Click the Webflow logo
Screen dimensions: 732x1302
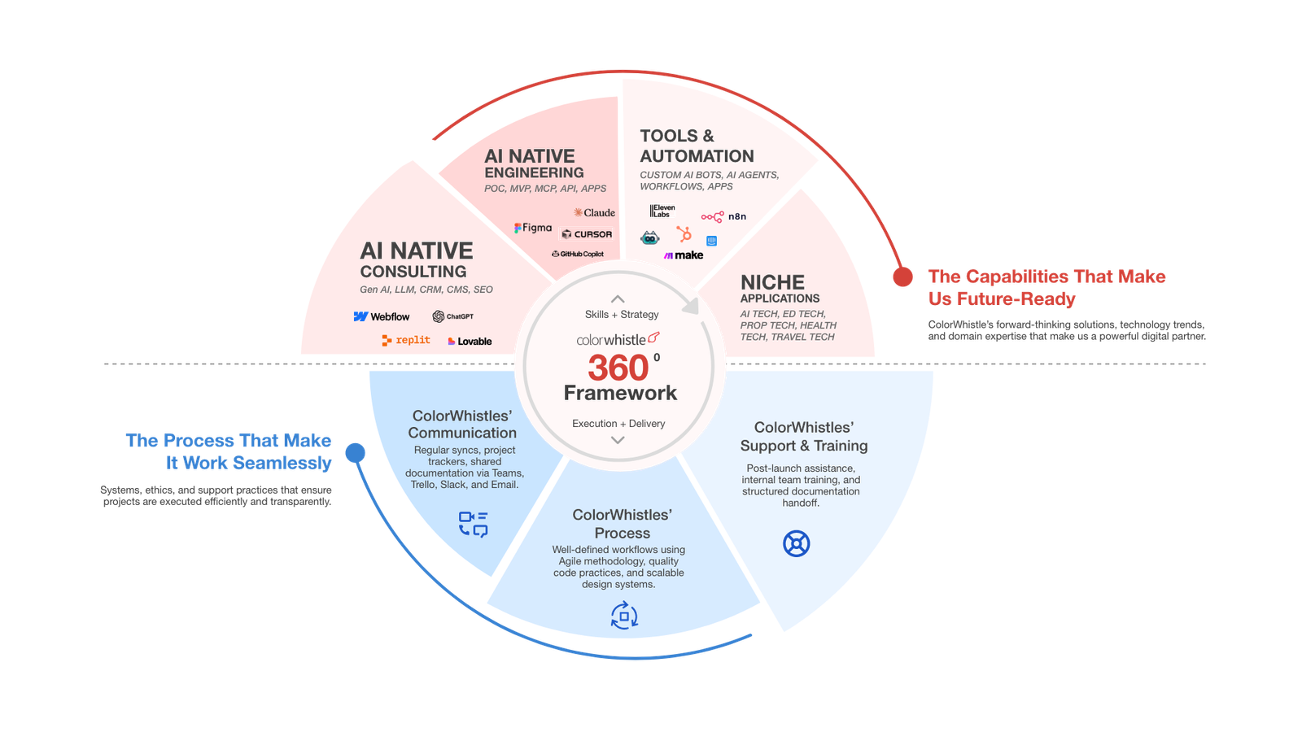point(382,316)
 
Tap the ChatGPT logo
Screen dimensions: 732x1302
point(452,316)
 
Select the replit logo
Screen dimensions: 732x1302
point(405,340)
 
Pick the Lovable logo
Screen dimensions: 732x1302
point(470,342)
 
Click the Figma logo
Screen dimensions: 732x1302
point(533,229)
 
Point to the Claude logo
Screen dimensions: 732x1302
point(594,213)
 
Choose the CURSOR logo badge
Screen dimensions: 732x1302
point(587,234)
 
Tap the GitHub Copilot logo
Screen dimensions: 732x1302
point(578,254)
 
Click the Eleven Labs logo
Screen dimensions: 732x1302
point(662,211)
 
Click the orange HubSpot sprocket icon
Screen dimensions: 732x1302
point(684,234)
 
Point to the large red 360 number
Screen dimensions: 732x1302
point(618,368)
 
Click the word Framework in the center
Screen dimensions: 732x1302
point(620,394)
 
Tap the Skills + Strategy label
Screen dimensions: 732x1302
point(622,315)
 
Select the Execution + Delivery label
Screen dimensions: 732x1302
point(618,424)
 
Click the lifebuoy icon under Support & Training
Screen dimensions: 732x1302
point(796,542)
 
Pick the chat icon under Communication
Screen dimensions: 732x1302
point(474,524)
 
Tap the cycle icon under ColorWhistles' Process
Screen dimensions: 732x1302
point(624,616)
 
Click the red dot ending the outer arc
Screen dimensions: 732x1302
point(902,277)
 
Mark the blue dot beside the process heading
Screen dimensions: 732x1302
point(356,453)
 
